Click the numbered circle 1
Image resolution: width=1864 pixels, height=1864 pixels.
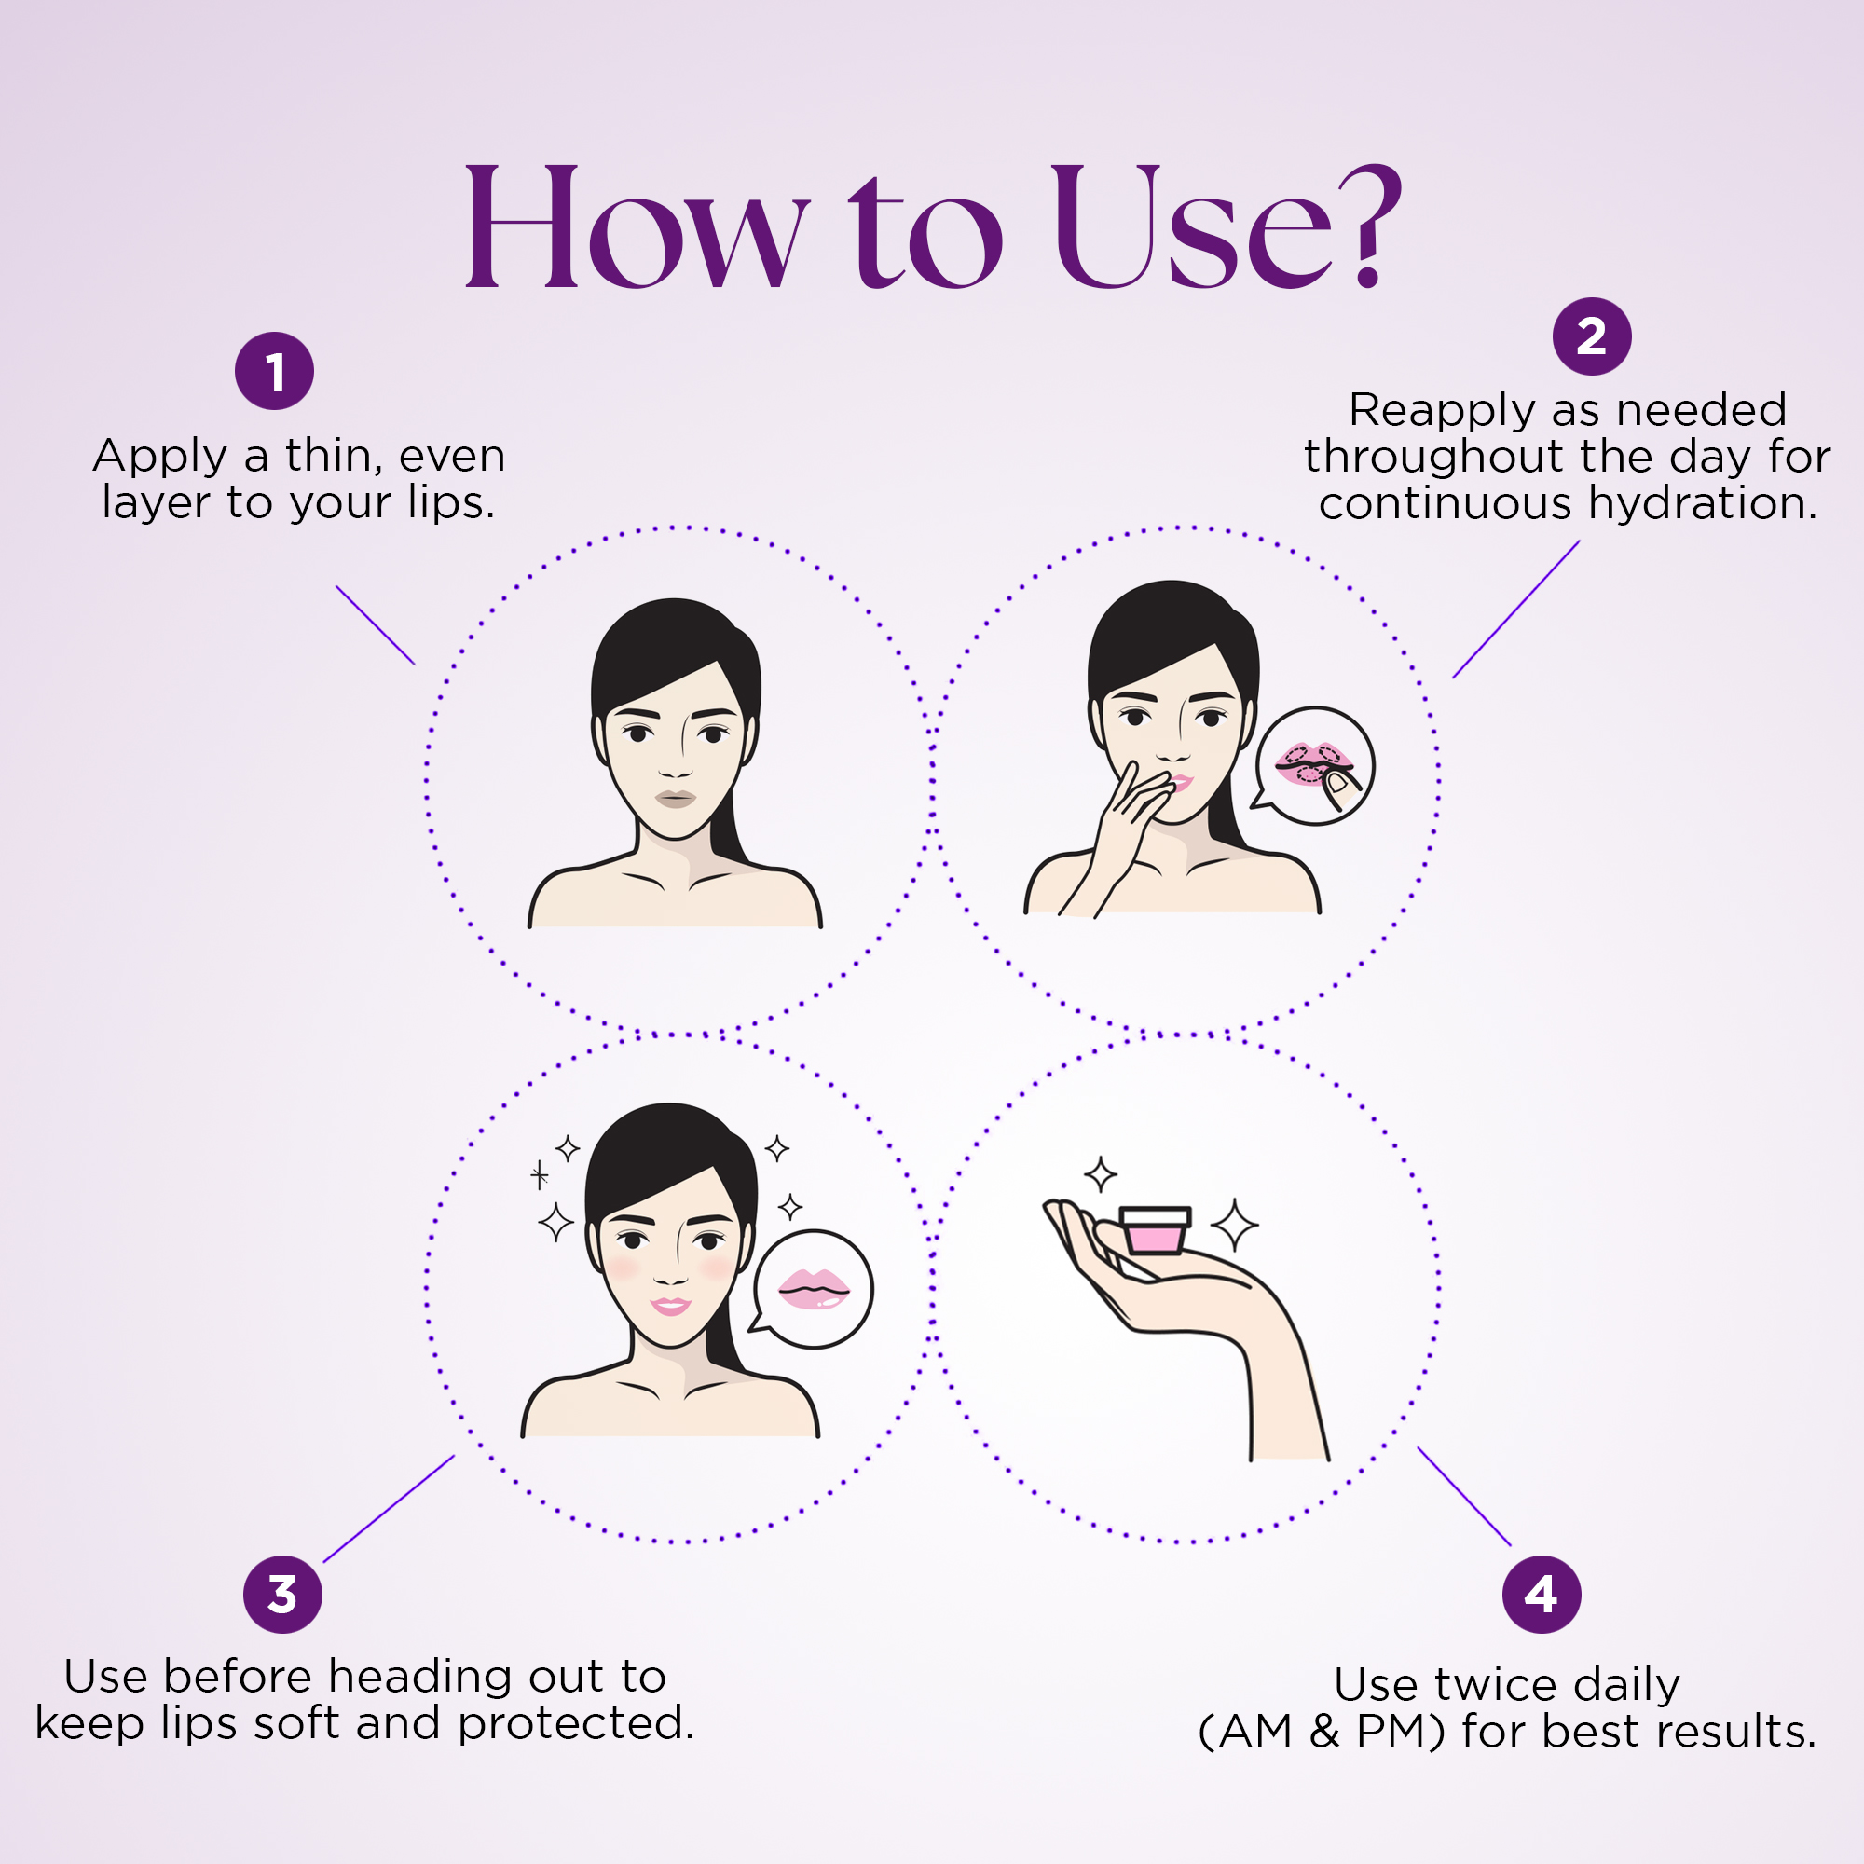[x=275, y=372]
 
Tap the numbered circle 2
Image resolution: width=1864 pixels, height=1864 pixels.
[x=1591, y=336]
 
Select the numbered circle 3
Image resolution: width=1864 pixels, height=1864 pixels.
[x=282, y=1595]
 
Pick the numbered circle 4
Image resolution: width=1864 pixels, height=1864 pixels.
[x=1542, y=1595]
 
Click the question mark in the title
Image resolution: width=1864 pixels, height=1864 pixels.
[x=1366, y=226]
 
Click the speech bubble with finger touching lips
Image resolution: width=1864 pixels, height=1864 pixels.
[x=1314, y=766]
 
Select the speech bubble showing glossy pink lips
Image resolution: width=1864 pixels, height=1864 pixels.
[x=812, y=1290]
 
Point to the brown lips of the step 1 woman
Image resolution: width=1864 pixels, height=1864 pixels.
[x=676, y=798]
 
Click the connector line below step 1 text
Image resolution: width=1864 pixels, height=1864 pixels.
[x=376, y=625]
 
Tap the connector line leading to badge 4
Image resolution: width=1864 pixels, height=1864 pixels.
[x=1463, y=1497]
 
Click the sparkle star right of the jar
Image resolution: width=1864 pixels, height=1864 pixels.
[x=1235, y=1226]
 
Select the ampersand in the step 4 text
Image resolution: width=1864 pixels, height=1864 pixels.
[x=1323, y=1732]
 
